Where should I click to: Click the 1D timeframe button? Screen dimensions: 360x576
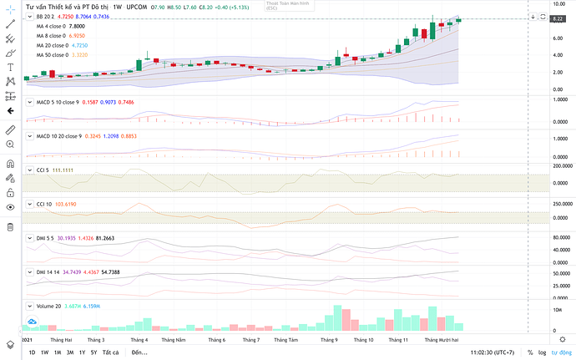[x=33, y=352]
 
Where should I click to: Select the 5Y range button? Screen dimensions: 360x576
[x=93, y=352]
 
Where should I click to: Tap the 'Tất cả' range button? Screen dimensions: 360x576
[x=109, y=352]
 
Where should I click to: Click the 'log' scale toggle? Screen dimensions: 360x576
[x=542, y=352]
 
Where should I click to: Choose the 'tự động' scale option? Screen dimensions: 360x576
[x=561, y=352]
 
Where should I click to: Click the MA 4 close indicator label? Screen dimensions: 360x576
[x=56, y=26]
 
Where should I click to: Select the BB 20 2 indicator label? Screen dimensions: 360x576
[x=45, y=16]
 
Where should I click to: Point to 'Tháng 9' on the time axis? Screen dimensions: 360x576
[x=329, y=340]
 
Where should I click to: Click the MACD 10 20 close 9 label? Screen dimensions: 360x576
[x=57, y=135]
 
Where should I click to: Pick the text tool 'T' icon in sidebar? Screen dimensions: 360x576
[x=9, y=67]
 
